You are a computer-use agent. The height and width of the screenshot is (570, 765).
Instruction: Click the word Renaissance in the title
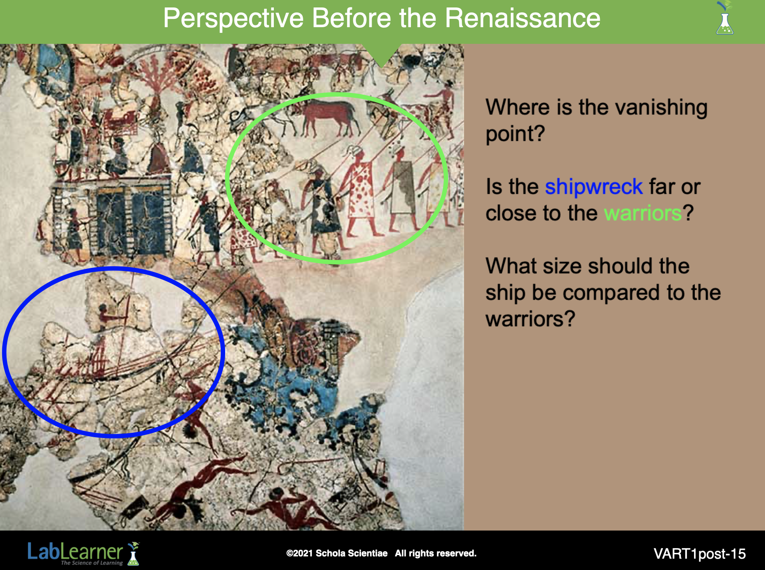pyautogui.click(x=522, y=18)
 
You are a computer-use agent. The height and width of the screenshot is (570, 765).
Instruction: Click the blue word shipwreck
pyautogui.click(x=594, y=187)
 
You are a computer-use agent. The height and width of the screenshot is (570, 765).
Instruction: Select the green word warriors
pyautogui.click(x=643, y=214)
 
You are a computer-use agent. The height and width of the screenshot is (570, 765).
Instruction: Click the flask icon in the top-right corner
pyautogui.click(x=725, y=18)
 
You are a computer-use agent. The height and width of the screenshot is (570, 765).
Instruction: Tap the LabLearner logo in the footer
pyautogui.click(x=83, y=553)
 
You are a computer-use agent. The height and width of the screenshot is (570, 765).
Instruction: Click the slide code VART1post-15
pyautogui.click(x=700, y=554)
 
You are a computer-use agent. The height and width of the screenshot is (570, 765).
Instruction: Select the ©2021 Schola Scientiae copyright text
pyautogui.click(x=336, y=553)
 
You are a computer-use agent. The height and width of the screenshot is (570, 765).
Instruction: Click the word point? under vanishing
pyautogui.click(x=515, y=134)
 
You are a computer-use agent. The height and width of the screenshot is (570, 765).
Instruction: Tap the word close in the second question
pyautogui.click(x=511, y=214)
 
